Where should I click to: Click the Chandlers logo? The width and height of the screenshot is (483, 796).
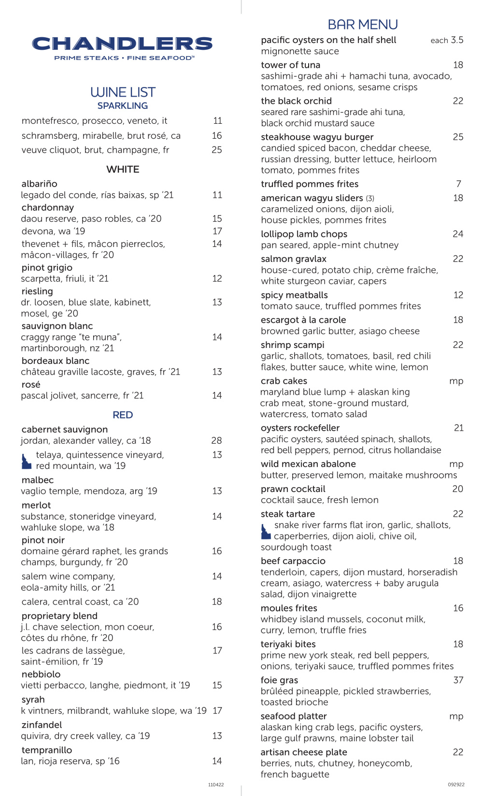tap(123, 47)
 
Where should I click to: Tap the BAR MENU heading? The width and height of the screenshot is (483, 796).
tap(363, 25)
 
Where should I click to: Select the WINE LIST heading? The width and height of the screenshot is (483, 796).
tap(123, 92)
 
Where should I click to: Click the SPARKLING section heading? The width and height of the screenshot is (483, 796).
tap(123, 106)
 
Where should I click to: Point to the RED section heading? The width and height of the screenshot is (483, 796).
tap(123, 415)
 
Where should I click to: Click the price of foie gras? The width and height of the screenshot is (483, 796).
tap(458, 680)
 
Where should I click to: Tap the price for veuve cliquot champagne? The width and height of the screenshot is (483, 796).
tap(217, 150)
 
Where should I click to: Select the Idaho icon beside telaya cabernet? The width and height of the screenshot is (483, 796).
tap(27, 461)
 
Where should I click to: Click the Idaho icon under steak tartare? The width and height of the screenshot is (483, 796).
tap(266, 532)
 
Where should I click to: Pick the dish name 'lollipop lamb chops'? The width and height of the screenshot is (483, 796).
tap(304, 234)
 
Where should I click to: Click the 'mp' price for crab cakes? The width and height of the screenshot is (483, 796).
tap(456, 381)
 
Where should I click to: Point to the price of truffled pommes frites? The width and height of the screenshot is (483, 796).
tap(458, 184)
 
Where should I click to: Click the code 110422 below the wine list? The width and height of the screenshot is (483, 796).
tap(216, 785)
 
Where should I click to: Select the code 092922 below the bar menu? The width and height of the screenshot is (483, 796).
tap(456, 785)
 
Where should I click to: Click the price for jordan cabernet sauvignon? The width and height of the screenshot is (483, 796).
tap(216, 441)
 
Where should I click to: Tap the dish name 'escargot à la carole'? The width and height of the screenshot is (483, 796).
tap(303, 320)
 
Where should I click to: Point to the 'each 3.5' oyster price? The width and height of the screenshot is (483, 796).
tap(447, 41)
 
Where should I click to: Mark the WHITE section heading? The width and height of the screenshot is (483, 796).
tap(123, 170)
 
